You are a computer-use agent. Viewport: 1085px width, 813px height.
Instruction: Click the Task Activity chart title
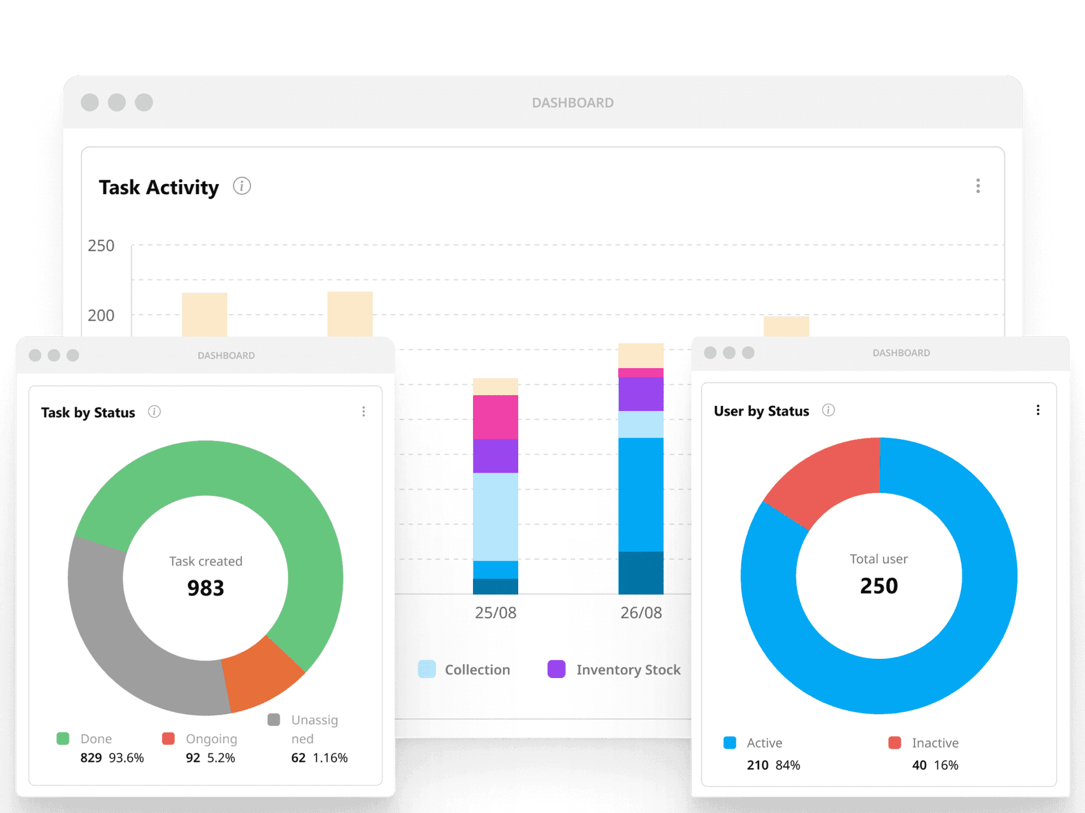click(159, 187)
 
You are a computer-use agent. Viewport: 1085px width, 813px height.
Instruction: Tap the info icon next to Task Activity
click(242, 186)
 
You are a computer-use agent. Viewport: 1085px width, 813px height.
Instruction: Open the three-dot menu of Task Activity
click(978, 186)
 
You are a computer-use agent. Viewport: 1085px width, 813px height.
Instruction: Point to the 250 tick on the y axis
click(101, 246)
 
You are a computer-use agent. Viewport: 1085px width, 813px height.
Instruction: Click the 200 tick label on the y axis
click(101, 315)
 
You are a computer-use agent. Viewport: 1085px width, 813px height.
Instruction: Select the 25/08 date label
click(496, 613)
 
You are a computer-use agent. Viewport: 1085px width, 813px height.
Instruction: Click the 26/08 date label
click(641, 613)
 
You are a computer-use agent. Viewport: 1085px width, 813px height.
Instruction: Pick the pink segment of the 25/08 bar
click(496, 417)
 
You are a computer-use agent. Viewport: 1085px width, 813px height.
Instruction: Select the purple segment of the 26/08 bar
click(641, 394)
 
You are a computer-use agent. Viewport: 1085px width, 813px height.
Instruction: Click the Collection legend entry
click(476, 670)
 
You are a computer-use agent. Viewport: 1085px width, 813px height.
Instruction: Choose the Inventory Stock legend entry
click(628, 670)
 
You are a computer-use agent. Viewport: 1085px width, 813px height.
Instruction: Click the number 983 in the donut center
click(206, 588)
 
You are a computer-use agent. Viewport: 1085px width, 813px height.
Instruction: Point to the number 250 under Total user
click(879, 586)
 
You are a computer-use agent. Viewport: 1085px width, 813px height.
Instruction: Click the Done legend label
click(96, 738)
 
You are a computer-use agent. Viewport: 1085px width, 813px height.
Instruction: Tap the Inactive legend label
click(935, 743)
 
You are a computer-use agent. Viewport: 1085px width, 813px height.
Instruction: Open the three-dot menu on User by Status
click(1038, 410)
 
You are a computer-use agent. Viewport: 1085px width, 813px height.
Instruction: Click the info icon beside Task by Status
click(154, 412)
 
